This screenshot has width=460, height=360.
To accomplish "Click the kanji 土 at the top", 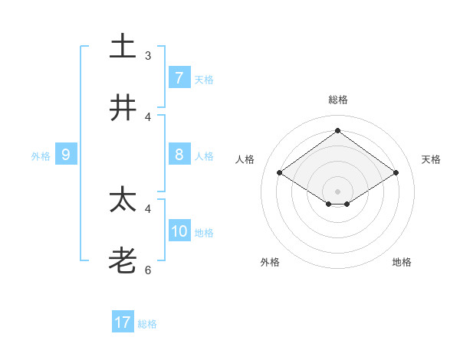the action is click(x=123, y=46).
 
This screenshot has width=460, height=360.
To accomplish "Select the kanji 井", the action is click(x=123, y=108).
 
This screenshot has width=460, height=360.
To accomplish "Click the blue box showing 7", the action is click(x=179, y=78).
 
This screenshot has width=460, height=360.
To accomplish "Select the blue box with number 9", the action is click(x=66, y=155).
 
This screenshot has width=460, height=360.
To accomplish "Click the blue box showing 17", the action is click(x=123, y=322).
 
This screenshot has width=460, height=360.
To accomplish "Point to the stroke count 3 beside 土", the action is click(x=148, y=55).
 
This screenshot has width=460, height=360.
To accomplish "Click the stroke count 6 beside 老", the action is click(x=148, y=270).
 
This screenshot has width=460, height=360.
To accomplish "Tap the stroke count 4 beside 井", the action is click(x=148, y=117).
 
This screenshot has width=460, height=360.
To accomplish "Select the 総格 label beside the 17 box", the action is click(x=147, y=324).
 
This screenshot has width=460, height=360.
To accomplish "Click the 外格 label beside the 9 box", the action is click(x=41, y=156).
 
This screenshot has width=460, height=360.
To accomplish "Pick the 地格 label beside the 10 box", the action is click(x=204, y=233).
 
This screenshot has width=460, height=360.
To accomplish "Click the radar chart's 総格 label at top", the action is click(x=337, y=100).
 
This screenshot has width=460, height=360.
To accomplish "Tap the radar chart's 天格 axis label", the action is click(x=431, y=159).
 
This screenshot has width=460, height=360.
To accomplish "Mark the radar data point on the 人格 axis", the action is click(x=279, y=173).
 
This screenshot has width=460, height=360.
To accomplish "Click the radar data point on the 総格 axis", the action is click(x=337, y=130).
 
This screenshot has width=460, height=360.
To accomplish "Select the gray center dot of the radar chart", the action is click(x=337, y=191).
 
